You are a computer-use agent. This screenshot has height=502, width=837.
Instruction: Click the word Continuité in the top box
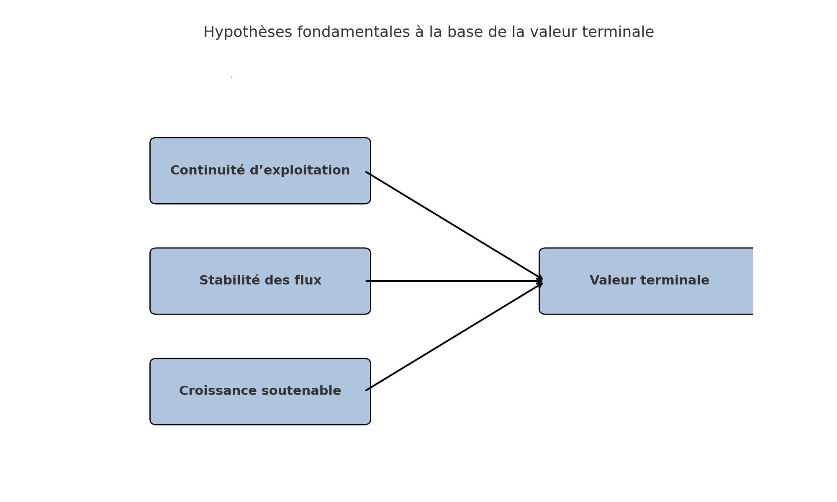(x=208, y=170)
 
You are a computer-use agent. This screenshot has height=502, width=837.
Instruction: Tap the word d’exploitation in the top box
(x=300, y=171)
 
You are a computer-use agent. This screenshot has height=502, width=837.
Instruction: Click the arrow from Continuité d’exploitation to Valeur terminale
(x=454, y=225)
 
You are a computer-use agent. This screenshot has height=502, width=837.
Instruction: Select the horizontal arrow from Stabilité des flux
(x=454, y=281)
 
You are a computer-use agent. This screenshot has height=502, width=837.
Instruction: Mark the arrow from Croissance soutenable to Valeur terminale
(x=454, y=336)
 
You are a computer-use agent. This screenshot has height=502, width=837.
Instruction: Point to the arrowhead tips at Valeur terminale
(x=542, y=281)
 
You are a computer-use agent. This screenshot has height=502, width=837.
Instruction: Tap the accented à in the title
(x=420, y=32)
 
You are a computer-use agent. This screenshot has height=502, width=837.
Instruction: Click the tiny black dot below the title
(x=231, y=77)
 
